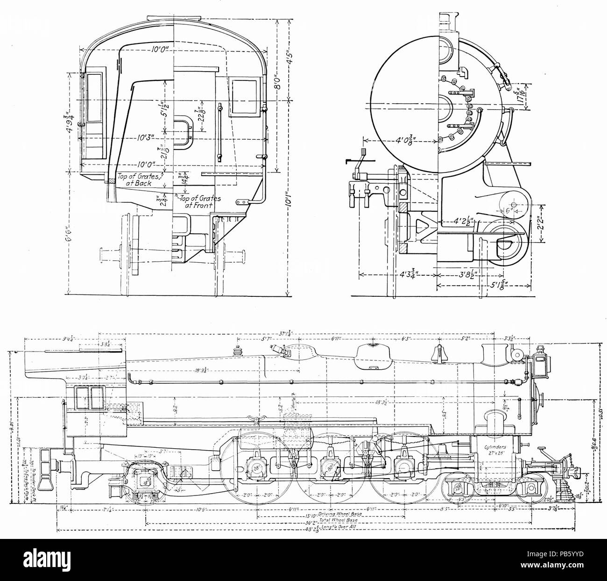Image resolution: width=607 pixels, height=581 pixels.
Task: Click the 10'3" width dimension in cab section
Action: coord(143,139)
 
